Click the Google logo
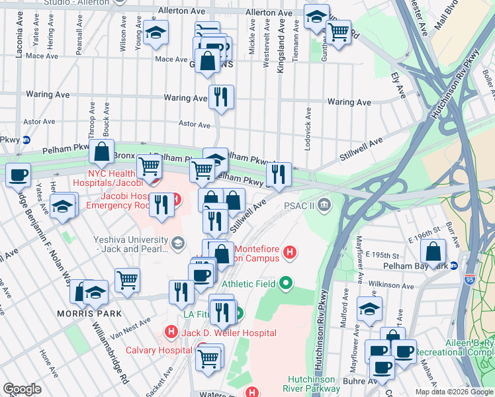coord(22,389)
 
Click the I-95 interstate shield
coord(470,280)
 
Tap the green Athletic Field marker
coord(286,284)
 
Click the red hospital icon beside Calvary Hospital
coord(171,331)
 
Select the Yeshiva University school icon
coord(177,244)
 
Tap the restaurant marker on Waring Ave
coord(221,97)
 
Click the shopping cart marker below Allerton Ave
coord(339,31)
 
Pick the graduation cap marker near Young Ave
coord(156,32)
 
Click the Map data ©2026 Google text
coord(453,392)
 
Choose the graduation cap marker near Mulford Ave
coord(369,308)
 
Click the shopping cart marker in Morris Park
coord(127,279)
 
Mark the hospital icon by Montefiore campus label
coord(289,252)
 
